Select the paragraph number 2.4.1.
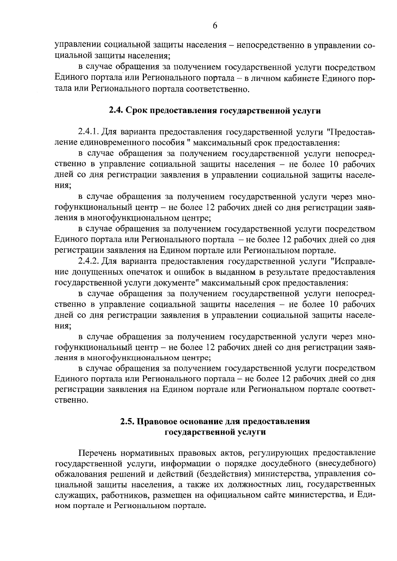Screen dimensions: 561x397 click(88, 132)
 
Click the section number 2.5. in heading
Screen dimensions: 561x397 click(128, 422)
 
